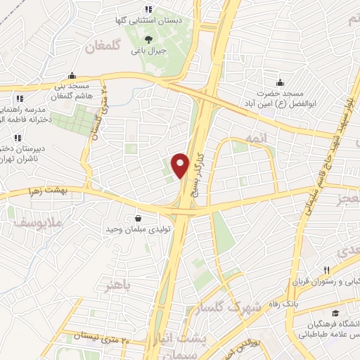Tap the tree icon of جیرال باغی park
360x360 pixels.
pos(148,39)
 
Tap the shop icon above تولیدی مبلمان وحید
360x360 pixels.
pos(136,218)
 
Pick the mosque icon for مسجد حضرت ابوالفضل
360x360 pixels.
pos(280,82)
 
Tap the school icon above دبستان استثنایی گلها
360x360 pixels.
pos(148,10)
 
